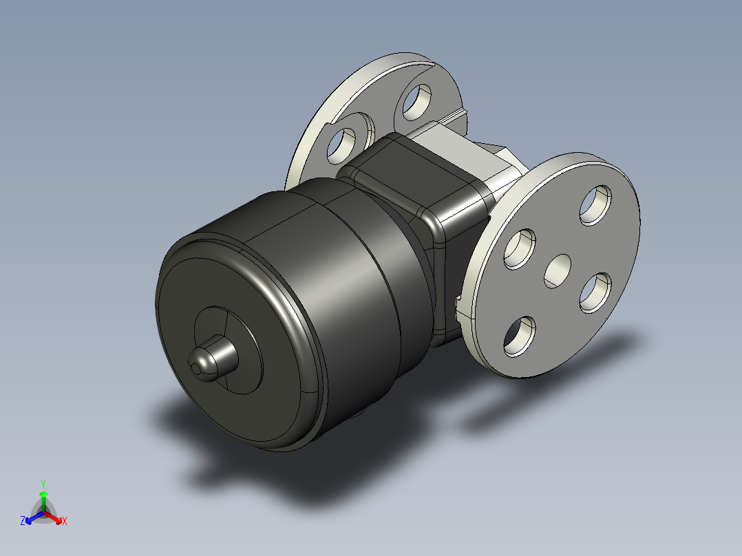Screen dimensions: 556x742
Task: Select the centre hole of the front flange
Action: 558,270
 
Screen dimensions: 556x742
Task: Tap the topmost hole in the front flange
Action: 596,204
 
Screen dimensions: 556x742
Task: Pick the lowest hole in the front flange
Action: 520,336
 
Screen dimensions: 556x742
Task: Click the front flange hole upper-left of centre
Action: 520,248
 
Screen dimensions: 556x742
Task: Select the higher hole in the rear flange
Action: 416,100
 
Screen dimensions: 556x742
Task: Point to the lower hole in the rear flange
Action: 341,142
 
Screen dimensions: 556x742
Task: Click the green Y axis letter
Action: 43,484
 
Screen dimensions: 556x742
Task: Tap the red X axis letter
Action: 64,522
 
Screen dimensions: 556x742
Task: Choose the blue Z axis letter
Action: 23,522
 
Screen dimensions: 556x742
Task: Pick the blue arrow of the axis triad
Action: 32,517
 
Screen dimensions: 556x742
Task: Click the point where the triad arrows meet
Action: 43,513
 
